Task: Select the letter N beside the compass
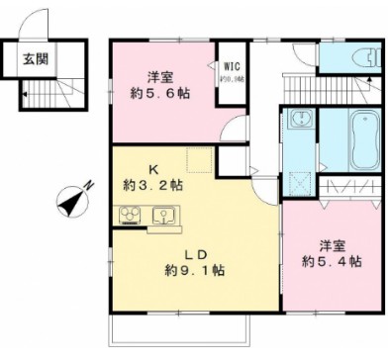coord(89,183)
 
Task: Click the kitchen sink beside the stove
coord(163,214)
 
